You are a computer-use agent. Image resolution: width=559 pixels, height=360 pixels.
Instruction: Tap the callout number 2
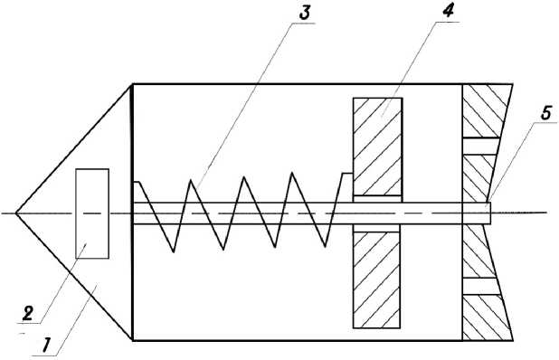[x=28, y=314]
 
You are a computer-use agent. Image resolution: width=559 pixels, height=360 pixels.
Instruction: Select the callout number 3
[x=305, y=13]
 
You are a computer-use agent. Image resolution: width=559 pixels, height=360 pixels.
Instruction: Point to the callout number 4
[x=448, y=11]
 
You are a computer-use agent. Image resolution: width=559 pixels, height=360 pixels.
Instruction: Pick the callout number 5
[x=546, y=113]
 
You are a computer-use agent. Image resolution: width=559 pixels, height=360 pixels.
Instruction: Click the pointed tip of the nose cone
[x=15, y=213]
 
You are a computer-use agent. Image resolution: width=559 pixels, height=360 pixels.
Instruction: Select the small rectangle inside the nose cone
[x=92, y=213]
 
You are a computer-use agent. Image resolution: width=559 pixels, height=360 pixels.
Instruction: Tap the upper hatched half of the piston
[x=377, y=147]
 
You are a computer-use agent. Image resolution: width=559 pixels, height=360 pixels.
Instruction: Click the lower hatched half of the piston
[x=376, y=279]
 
